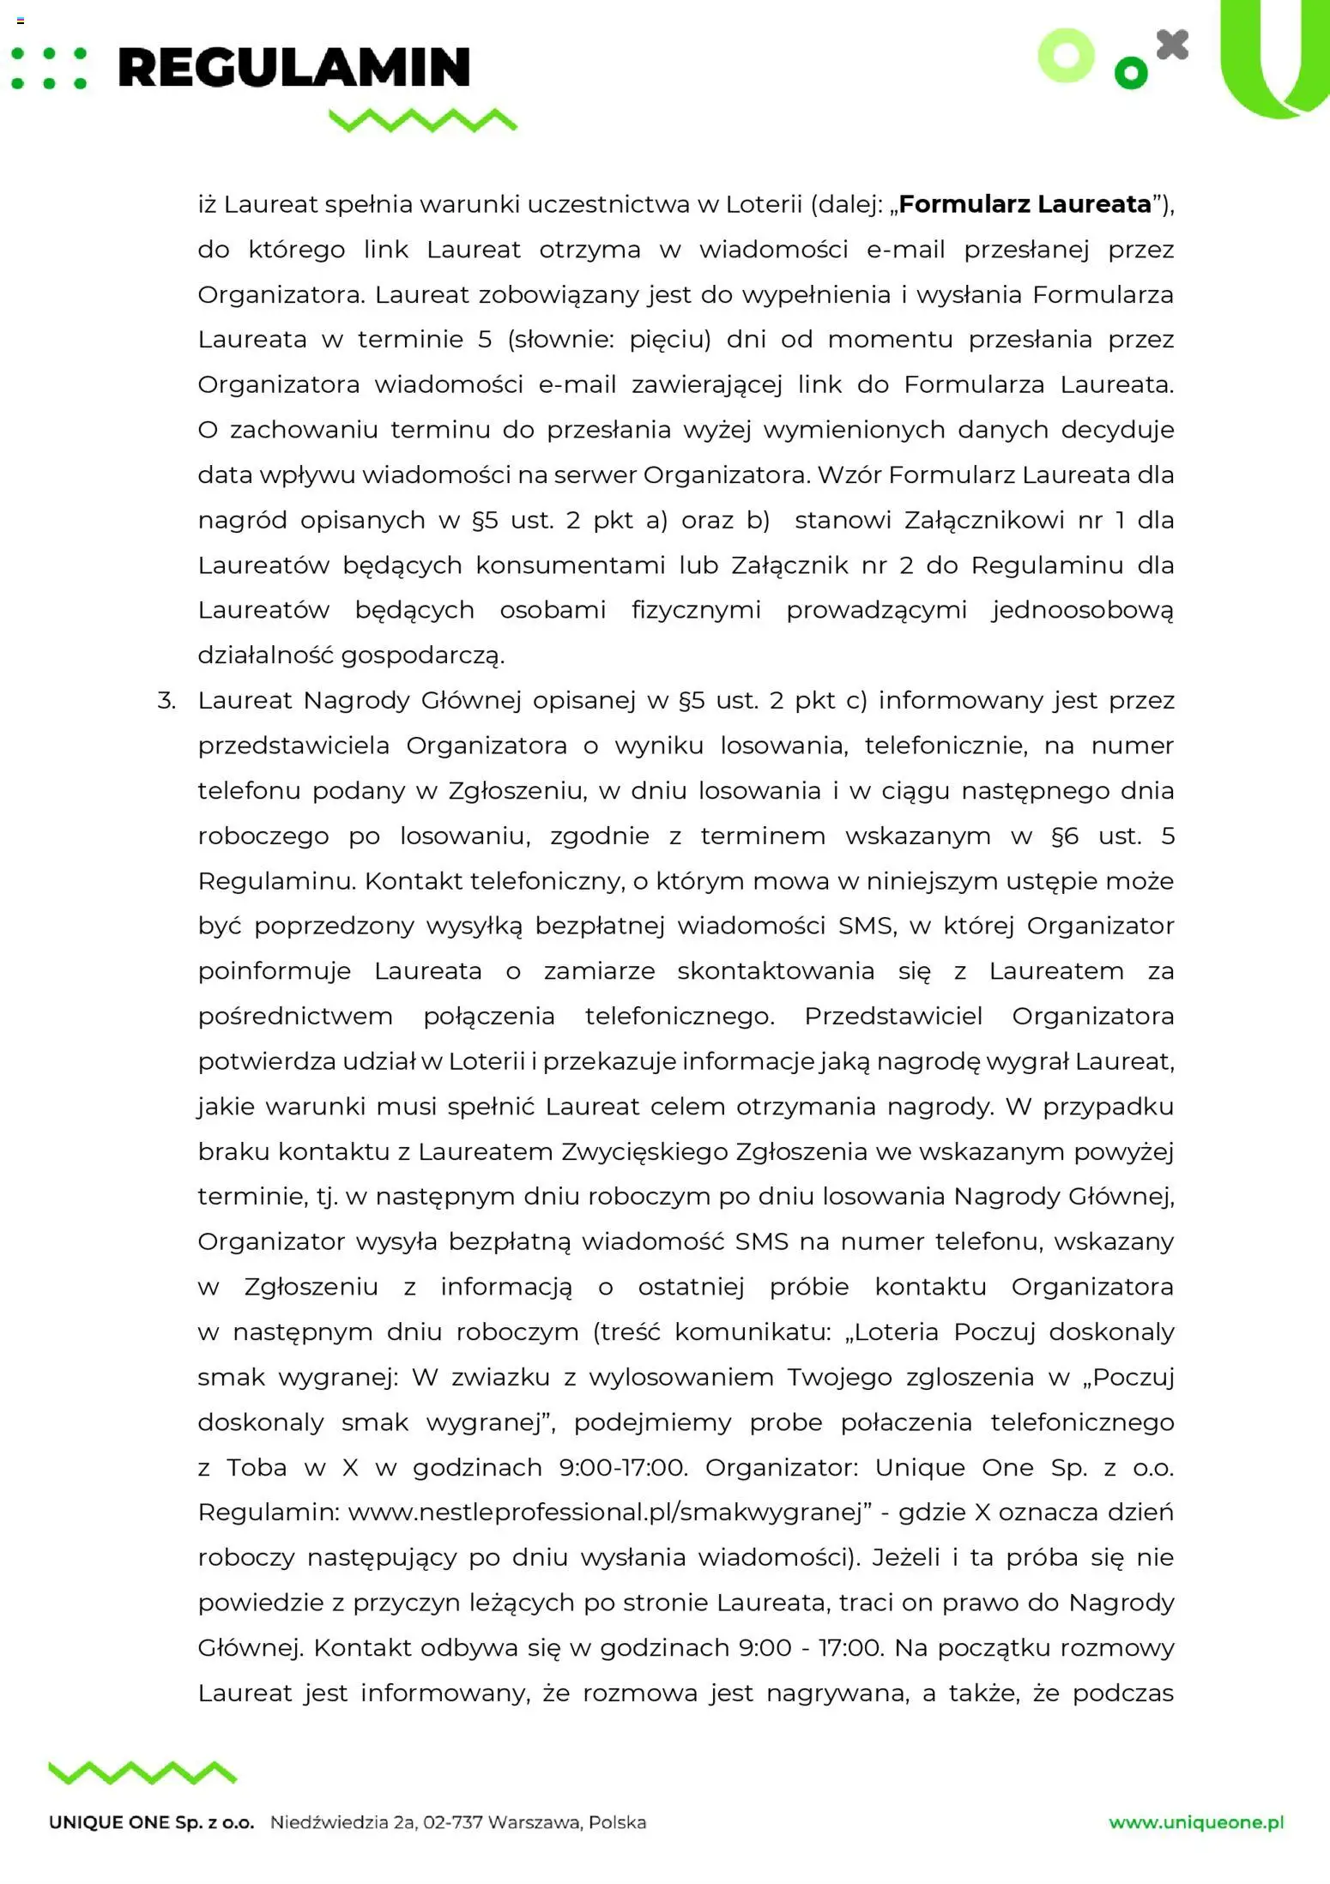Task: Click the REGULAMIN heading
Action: (x=293, y=68)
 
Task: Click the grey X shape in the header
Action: (x=1172, y=45)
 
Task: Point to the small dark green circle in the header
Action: (x=1130, y=73)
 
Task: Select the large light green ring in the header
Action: (x=1067, y=56)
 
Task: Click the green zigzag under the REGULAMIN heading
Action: (x=423, y=120)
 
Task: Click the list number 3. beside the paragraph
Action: (x=166, y=701)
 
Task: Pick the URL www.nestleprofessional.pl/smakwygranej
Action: (x=605, y=1513)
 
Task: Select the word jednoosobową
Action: (x=1082, y=610)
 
